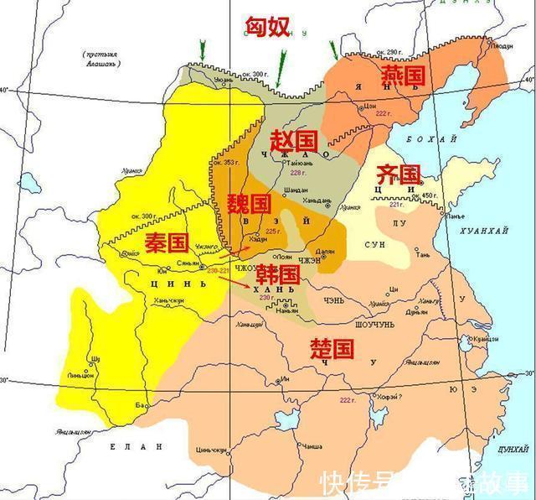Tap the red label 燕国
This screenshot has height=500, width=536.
403,76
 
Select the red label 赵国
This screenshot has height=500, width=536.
293,138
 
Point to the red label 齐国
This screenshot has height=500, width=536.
397,174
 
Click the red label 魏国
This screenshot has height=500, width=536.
249,204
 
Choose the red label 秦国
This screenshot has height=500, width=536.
165,243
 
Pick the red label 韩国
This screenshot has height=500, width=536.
277,273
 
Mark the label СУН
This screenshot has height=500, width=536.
374,244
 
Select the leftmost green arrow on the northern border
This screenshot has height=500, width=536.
201,51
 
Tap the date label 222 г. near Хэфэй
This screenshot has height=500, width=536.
348,401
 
